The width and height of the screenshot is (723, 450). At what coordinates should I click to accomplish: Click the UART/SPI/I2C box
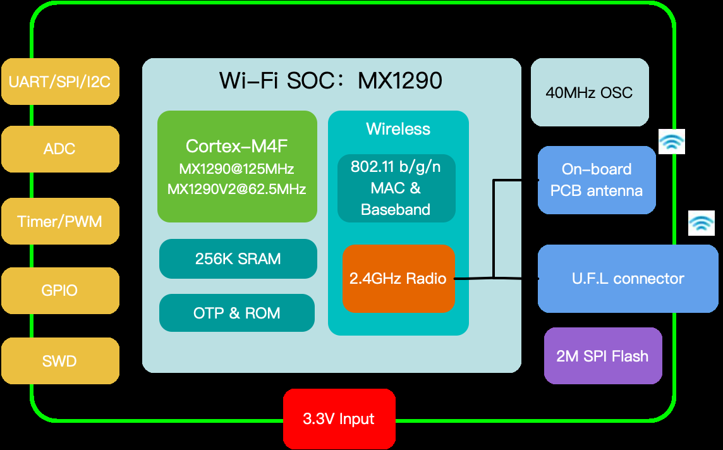60,82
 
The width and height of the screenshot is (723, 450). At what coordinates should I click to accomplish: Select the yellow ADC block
60,149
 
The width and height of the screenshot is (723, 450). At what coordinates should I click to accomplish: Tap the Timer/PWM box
60,221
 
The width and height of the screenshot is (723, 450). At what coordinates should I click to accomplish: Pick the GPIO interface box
60,291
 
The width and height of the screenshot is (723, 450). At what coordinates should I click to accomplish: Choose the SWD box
60,361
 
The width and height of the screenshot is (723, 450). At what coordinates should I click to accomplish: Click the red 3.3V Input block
339,418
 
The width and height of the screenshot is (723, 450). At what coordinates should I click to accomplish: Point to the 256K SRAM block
238,258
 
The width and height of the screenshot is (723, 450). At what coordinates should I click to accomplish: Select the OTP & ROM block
237,313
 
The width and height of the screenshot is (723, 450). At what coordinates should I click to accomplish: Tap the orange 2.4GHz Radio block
398,279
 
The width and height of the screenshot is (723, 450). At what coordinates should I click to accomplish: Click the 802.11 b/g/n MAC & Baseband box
396,188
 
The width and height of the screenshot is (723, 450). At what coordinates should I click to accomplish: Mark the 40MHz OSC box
589,92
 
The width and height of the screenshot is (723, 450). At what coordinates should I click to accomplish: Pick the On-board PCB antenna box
597,180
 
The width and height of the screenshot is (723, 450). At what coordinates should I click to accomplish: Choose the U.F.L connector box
628,279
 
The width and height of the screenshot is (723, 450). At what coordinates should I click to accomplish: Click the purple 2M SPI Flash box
603,356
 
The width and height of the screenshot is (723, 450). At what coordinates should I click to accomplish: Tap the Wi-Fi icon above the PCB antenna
672,142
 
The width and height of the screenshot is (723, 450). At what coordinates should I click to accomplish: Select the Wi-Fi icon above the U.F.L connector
702,223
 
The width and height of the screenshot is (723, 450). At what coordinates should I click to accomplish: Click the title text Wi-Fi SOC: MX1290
331,81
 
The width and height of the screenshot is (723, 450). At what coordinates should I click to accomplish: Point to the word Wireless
398,129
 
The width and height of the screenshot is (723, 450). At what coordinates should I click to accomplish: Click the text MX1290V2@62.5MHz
237,189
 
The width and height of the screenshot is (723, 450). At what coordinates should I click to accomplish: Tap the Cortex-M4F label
237,147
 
